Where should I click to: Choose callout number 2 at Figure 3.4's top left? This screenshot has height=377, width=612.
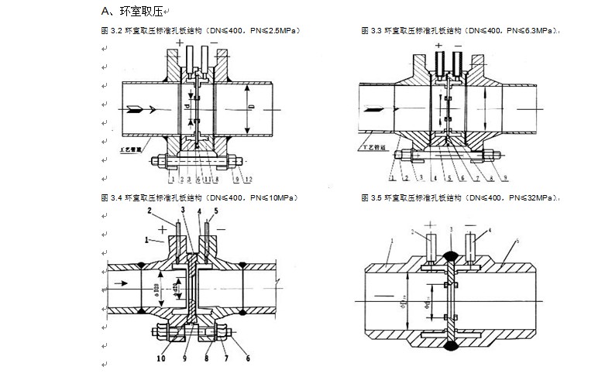[149, 211]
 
